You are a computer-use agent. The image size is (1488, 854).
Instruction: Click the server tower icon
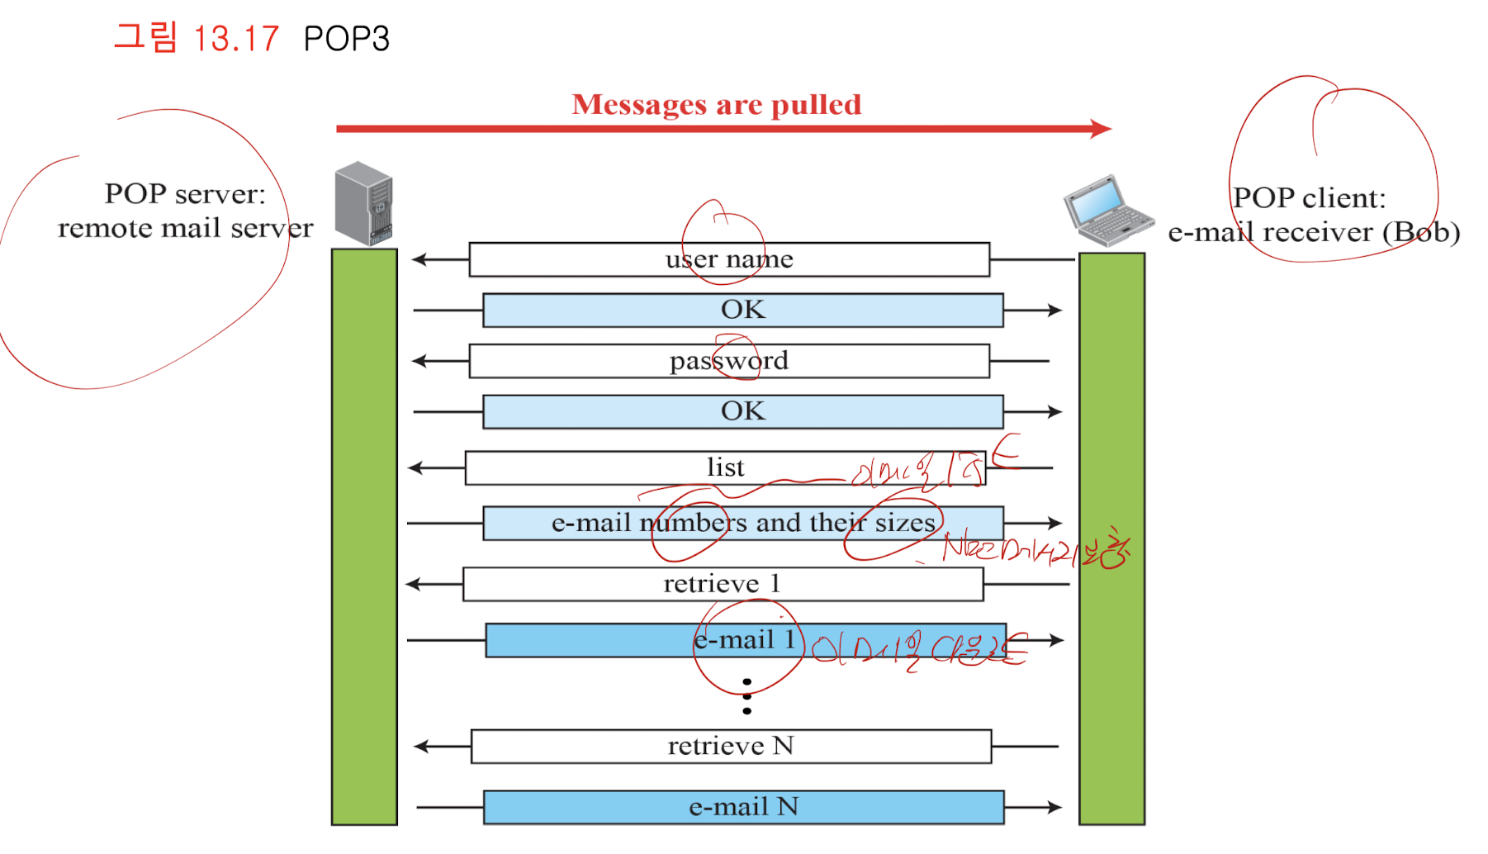tap(363, 203)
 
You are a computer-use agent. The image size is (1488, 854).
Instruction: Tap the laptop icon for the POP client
tap(1107, 211)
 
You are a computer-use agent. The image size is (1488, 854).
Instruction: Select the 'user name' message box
tap(729, 259)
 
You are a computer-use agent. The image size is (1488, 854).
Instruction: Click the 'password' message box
tap(729, 361)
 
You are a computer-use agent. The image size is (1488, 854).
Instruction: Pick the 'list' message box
tap(725, 467)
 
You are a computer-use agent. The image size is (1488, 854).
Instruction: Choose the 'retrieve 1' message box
tap(723, 584)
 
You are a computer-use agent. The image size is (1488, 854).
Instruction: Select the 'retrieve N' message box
tap(731, 746)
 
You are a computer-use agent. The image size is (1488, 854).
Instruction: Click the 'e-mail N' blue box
tap(743, 807)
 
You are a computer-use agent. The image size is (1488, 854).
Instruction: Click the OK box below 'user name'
tap(743, 310)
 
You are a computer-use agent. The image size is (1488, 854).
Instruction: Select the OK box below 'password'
tap(743, 411)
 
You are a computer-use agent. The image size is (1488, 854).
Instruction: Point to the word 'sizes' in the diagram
tap(905, 523)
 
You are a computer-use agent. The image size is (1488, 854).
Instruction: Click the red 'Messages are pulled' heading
tap(717, 105)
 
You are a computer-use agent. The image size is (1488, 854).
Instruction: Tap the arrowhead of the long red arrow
tap(1102, 129)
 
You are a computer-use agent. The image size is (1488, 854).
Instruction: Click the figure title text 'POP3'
tap(346, 39)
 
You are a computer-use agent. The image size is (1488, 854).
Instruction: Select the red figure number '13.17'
tap(236, 39)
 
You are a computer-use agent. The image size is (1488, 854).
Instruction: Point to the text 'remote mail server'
tap(185, 228)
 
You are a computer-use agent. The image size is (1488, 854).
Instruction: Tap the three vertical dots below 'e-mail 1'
tap(746, 696)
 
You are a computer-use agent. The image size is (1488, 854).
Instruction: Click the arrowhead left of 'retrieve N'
tap(421, 747)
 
